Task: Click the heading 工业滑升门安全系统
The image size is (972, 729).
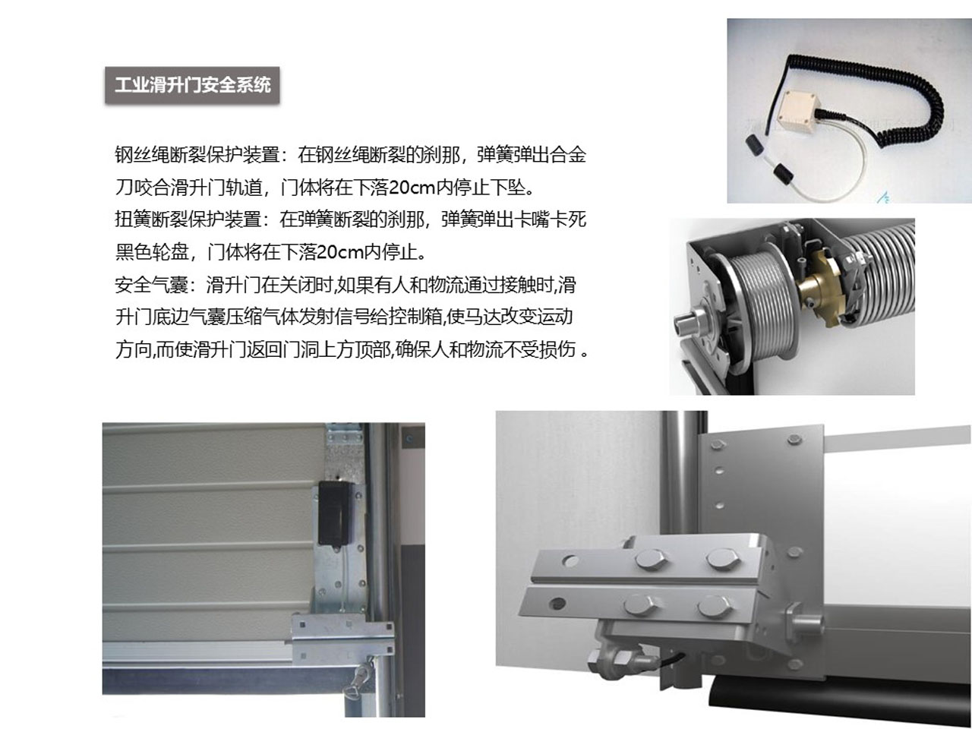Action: (192, 84)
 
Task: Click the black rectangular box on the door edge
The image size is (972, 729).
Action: (334, 513)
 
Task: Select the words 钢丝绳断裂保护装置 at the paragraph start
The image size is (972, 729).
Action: (197, 155)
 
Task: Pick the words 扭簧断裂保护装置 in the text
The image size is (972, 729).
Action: (188, 219)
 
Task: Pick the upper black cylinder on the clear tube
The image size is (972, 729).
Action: (753, 144)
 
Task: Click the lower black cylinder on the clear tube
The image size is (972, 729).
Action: (783, 172)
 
